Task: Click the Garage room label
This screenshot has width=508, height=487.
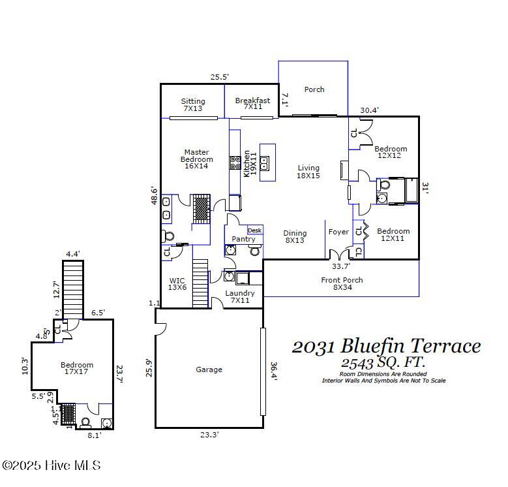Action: (209, 369)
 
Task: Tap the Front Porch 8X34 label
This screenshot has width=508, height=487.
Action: (342, 284)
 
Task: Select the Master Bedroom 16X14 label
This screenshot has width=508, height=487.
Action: (196, 159)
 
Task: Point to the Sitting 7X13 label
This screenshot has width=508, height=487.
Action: (193, 104)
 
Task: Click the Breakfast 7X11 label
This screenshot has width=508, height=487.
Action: (252, 104)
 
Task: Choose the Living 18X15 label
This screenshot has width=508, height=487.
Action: (308, 172)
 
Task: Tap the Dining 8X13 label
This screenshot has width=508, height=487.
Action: (295, 236)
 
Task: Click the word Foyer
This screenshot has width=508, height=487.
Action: (338, 232)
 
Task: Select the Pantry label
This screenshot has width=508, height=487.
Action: (243, 239)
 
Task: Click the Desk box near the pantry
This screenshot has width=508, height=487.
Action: (254, 230)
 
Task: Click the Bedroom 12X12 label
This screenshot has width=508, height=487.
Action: (391, 152)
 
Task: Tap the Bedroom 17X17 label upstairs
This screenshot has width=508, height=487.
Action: (77, 369)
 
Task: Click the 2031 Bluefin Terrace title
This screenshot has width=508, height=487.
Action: (386, 346)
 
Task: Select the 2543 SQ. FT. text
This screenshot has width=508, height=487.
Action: (383, 362)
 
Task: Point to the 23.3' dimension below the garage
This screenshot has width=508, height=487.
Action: (209, 435)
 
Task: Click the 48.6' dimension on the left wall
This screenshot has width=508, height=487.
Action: (154, 196)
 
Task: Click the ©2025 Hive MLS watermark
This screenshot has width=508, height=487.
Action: (52, 465)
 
